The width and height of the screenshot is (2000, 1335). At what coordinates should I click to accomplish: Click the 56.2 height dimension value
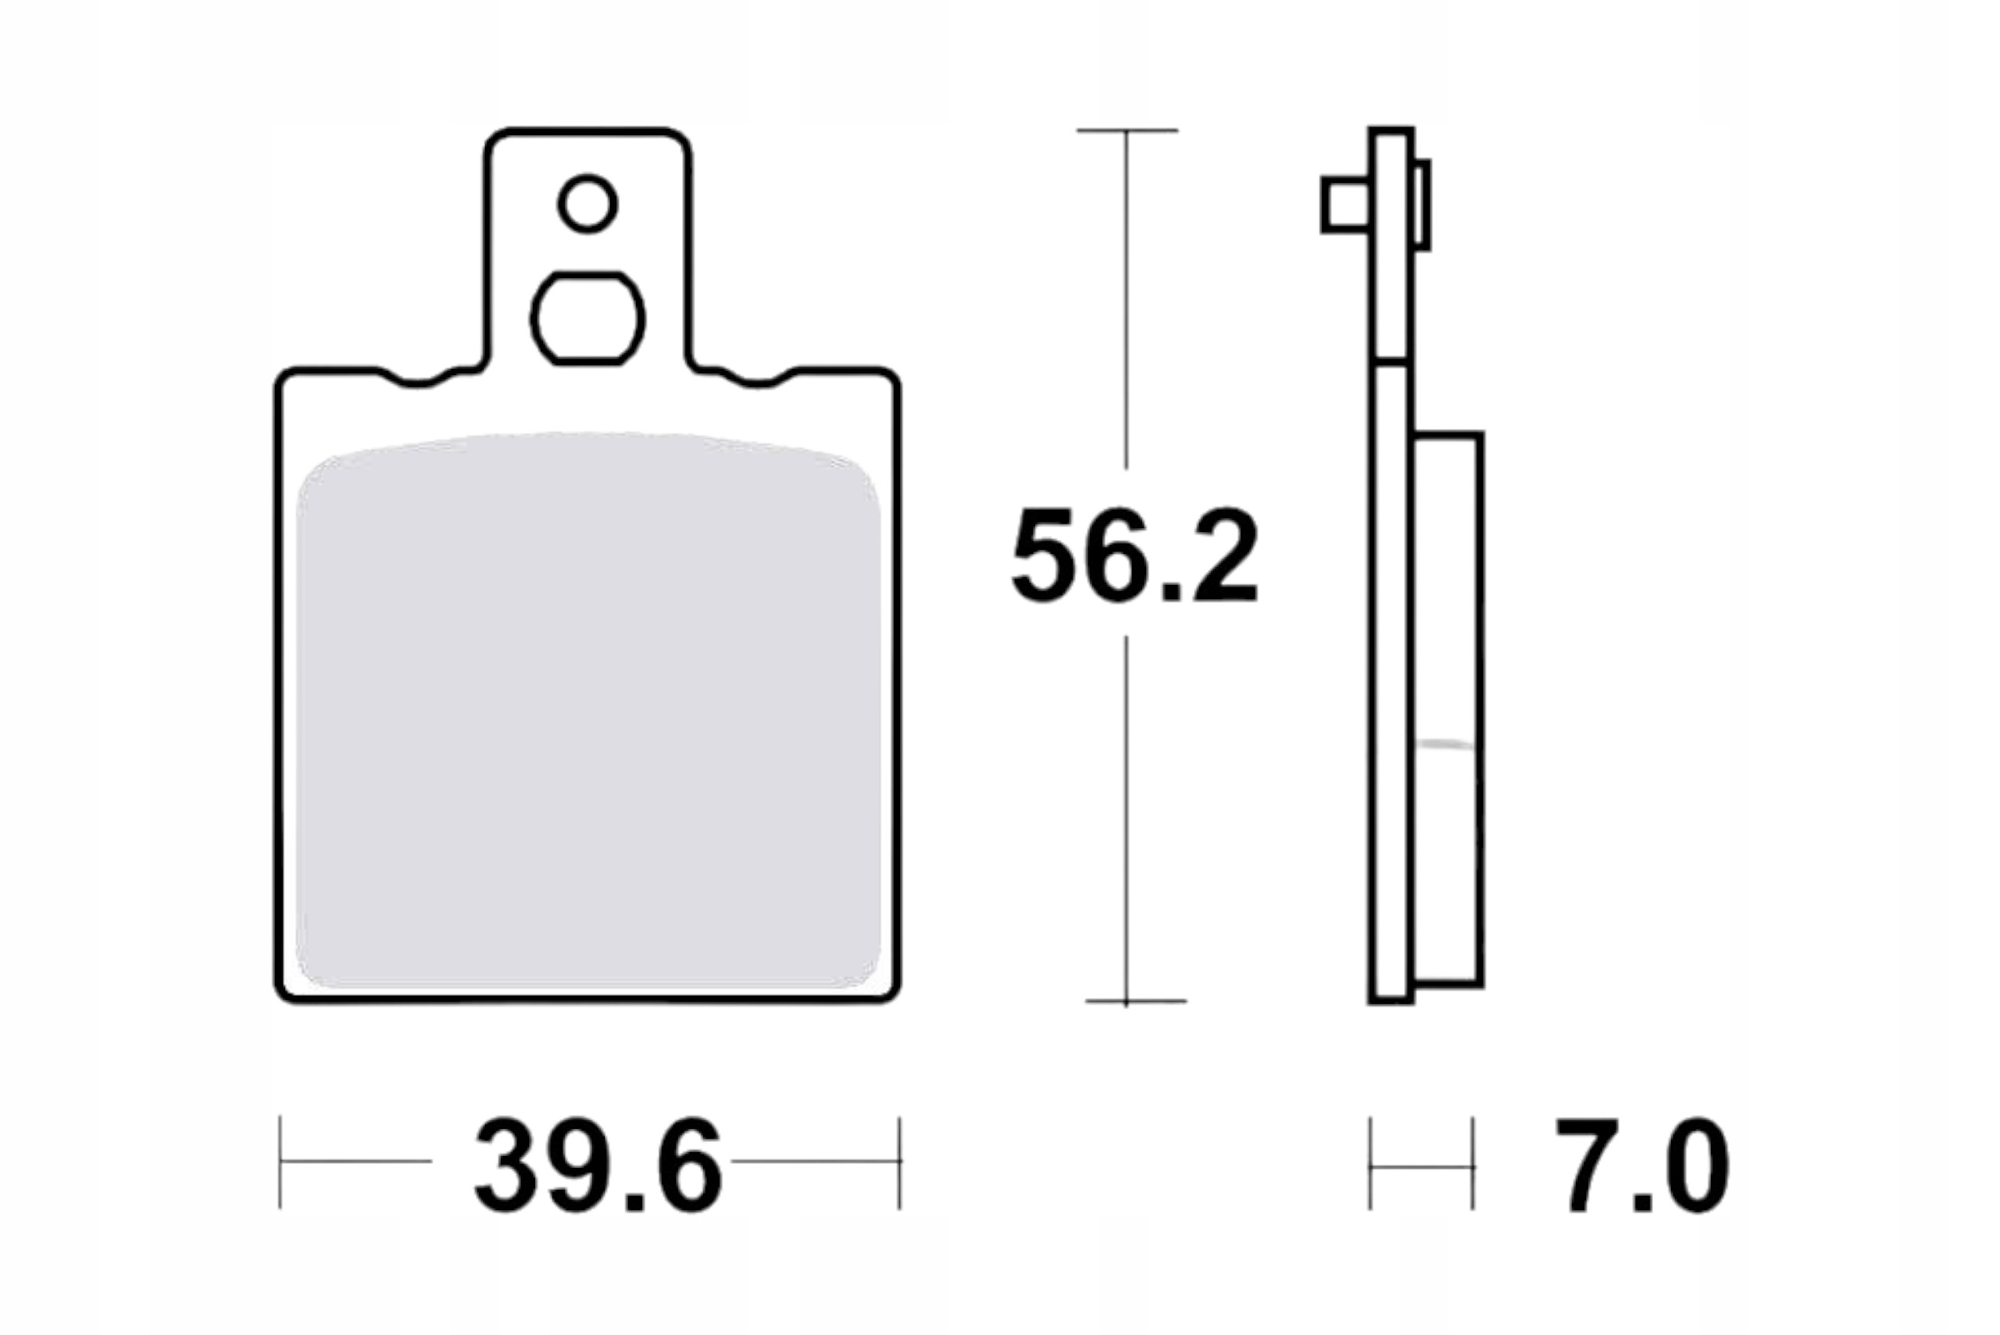(1134, 555)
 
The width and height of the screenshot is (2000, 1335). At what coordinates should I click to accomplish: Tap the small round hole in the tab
(587, 205)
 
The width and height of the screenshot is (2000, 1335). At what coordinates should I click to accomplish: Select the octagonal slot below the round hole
(587, 319)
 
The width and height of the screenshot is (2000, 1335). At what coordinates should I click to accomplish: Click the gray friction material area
(587, 716)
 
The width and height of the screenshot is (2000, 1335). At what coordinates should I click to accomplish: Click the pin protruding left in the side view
(1346, 205)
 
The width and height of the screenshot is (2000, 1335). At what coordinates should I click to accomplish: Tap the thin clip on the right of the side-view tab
(1421, 205)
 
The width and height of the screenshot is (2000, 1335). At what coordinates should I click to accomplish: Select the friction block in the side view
(1448, 711)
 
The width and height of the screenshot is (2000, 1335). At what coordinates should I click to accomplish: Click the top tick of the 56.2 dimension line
(1127, 130)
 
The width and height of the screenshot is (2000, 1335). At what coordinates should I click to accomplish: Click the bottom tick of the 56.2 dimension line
(1127, 1001)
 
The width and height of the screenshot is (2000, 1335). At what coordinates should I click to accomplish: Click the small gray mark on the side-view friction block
(1447, 744)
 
